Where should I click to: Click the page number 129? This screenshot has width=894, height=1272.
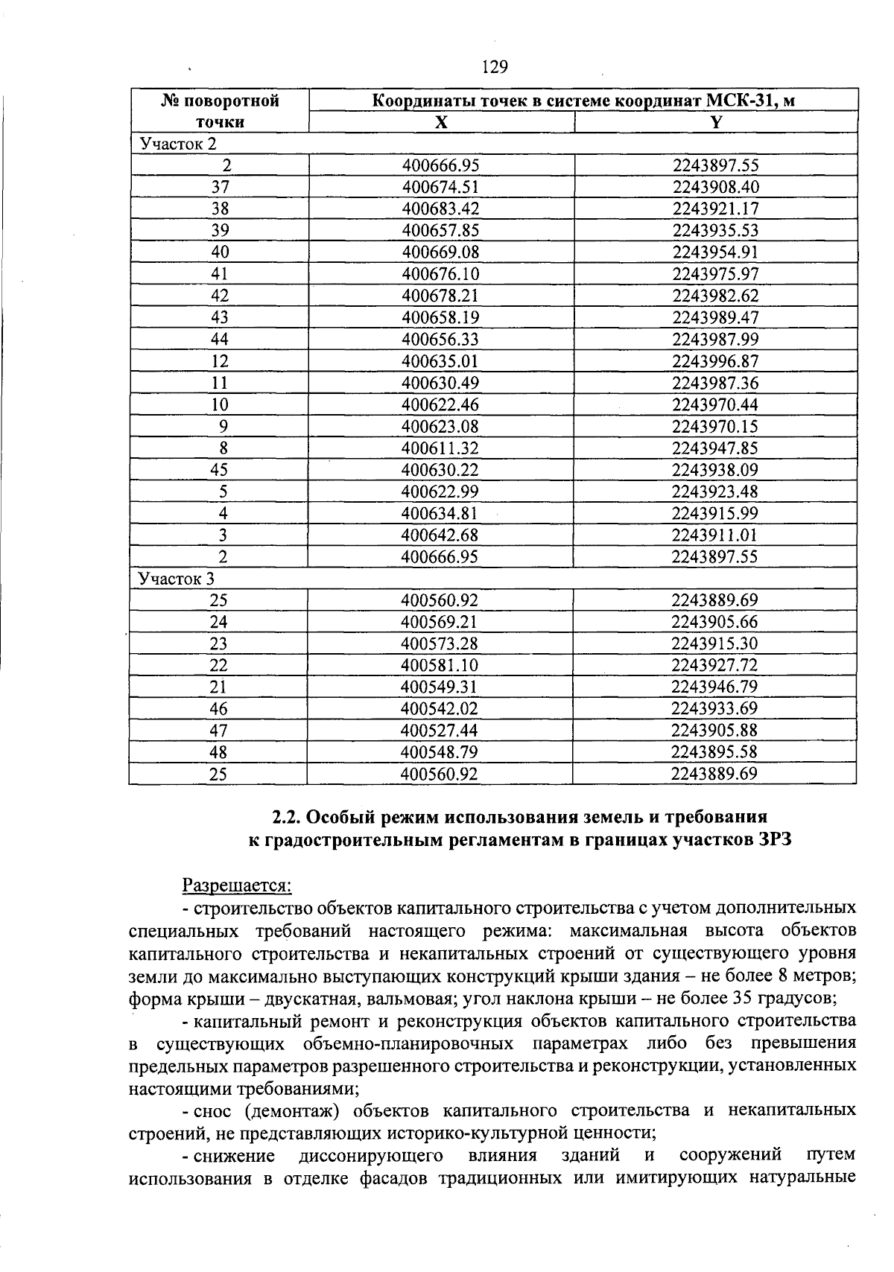click(x=495, y=68)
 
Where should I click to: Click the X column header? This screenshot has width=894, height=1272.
click(x=442, y=122)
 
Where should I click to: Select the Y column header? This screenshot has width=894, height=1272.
click(x=716, y=122)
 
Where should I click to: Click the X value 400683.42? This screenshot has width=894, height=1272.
click(x=440, y=209)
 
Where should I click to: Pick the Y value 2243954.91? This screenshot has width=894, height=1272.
click(x=715, y=252)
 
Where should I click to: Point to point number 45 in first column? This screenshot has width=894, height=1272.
click(x=220, y=470)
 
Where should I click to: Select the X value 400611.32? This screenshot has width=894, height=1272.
click(x=440, y=448)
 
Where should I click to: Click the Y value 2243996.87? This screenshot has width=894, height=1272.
click(x=715, y=361)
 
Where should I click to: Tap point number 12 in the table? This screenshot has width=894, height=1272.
click(x=220, y=361)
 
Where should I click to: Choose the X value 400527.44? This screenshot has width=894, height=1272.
click(x=440, y=731)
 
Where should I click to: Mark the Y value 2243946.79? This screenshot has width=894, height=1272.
click(x=714, y=687)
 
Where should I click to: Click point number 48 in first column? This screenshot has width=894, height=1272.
click(x=218, y=752)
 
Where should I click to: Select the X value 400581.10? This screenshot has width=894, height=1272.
click(x=440, y=665)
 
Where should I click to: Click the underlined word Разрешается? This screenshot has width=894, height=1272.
click(x=238, y=885)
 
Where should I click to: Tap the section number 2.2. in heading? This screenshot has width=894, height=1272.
click(x=288, y=818)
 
